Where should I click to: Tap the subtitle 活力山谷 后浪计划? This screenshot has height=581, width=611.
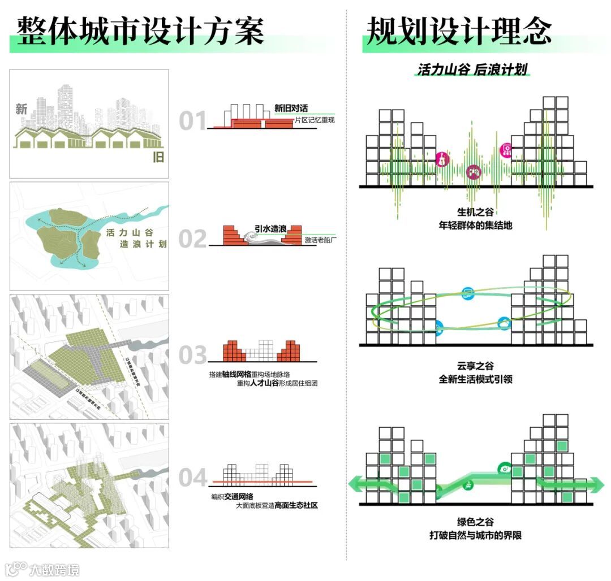(x=472, y=70)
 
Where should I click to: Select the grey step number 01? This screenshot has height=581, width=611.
(x=193, y=121)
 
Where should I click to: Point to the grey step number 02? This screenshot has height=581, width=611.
(x=193, y=239)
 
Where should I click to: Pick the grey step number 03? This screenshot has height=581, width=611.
(x=193, y=355)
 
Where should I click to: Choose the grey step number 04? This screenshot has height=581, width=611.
(x=193, y=478)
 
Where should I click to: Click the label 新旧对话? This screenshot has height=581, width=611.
(x=291, y=109)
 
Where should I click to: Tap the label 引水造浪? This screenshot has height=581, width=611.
(x=270, y=229)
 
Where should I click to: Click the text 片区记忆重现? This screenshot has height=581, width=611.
(x=315, y=120)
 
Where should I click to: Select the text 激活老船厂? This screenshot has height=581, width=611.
(x=320, y=240)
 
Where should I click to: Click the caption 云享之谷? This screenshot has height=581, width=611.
(x=475, y=366)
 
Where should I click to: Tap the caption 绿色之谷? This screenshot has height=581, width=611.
(x=475, y=522)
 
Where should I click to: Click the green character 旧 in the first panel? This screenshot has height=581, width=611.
(x=158, y=157)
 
